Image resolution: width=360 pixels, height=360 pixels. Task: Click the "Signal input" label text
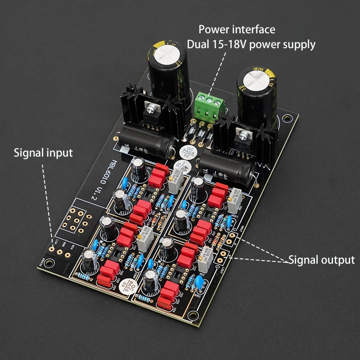[43, 153]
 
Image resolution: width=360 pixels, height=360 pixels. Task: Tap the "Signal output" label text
[321, 260]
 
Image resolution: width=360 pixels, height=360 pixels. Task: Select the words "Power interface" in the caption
[237, 30]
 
